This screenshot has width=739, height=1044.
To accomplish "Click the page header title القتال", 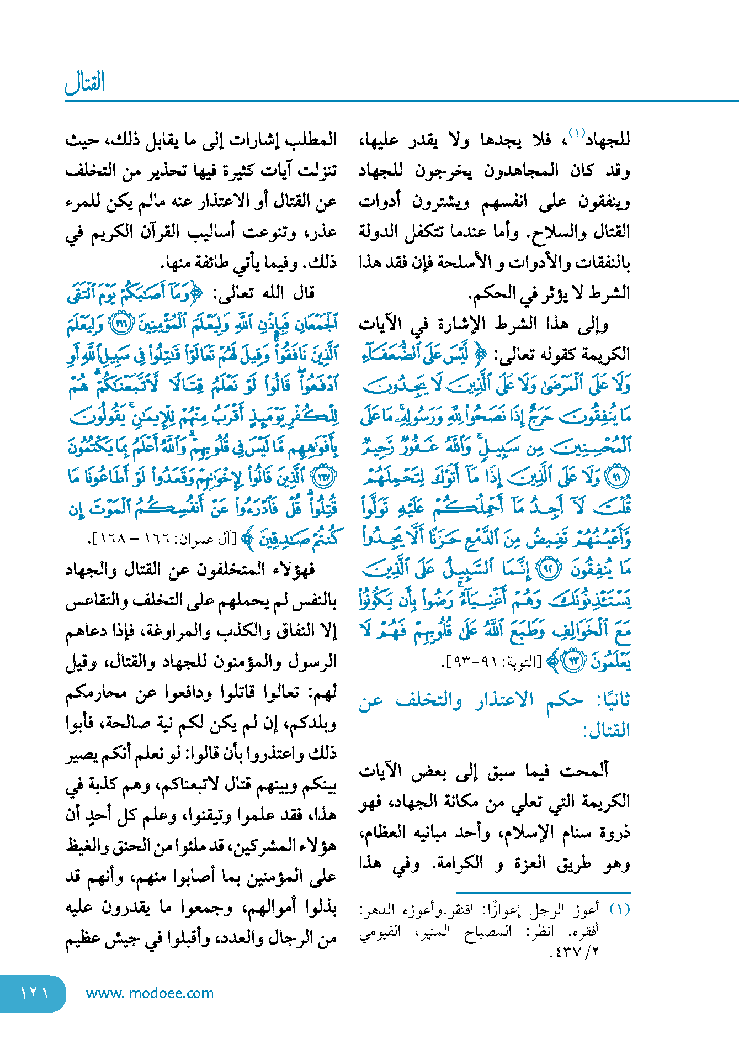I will tap(85, 83).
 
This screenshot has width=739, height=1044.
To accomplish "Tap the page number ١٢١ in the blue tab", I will tap(34, 993).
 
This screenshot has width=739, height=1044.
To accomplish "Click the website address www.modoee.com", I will tap(150, 993).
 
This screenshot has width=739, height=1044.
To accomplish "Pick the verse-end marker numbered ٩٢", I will tap(549, 569).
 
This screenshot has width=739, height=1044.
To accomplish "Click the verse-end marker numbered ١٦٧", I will tap(323, 477).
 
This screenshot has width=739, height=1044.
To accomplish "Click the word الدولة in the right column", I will tap(381, 231).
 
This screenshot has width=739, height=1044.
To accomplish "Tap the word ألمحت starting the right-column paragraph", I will tap(584, 769).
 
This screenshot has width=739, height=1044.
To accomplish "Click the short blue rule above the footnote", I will tap(543, 892).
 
